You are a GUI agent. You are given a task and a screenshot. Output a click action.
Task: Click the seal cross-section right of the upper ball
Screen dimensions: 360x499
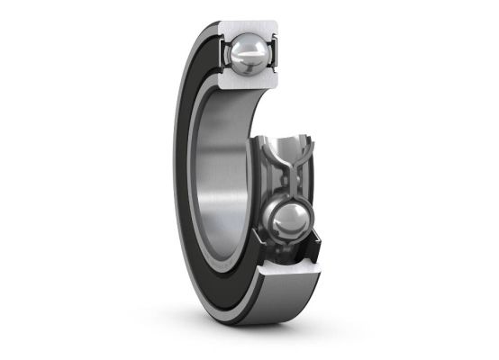point(273,56)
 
